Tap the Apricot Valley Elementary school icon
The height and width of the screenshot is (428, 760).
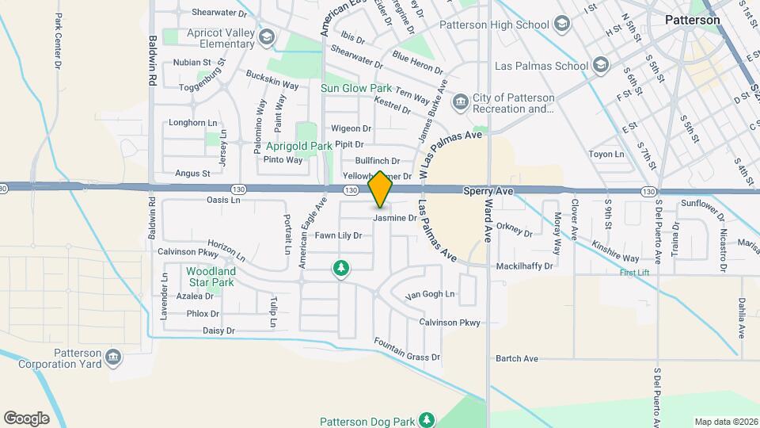point(267,37)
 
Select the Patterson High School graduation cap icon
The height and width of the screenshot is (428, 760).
point(561,24)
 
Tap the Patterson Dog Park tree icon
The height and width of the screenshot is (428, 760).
point(427,418)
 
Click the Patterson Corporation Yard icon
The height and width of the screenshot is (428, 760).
point(113,359)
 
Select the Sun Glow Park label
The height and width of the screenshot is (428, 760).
point(356,88)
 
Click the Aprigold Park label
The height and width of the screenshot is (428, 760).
point(299,147)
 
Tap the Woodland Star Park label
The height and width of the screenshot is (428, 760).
point(211,276)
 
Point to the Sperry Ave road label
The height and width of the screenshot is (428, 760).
point(488,192)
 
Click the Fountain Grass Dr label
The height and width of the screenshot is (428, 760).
point(407,351)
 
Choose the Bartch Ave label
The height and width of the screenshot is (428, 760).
point(516,359)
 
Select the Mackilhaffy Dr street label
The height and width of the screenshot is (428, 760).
point(523,267)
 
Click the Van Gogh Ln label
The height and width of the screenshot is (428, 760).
point(430,295)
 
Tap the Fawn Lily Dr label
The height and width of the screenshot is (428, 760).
point(338,235)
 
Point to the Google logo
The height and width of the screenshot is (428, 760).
point(26,418)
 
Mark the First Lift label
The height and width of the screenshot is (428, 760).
point(633,273)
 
